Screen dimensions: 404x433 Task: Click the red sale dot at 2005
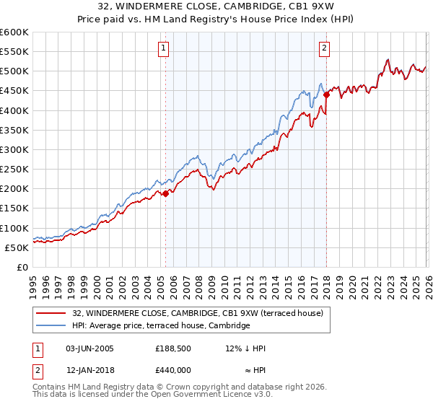click(165, 193)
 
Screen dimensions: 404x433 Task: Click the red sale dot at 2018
click(326, 95)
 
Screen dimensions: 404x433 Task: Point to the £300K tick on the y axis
click(15, 149)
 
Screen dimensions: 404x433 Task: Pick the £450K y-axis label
click(15, 91)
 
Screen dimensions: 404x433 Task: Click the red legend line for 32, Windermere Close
click(52, 313)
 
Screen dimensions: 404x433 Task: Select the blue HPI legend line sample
click(52, 326)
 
